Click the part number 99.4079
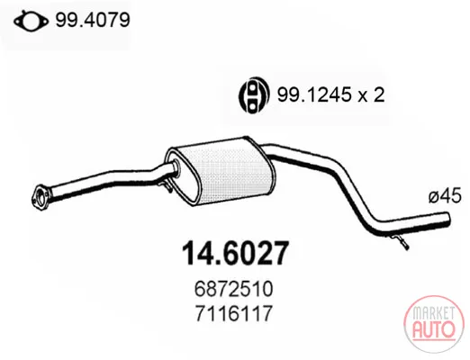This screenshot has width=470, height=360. (93, 20)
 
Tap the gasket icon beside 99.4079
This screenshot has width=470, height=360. (31, 21)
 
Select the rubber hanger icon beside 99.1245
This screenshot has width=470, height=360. (252, 94)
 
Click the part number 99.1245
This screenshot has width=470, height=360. (313, 95)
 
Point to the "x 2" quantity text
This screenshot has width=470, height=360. (371, 95)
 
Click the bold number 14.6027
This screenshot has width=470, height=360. (235, 254)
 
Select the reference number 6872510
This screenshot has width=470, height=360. (234, 289)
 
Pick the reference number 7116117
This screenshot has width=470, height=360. (234, 313)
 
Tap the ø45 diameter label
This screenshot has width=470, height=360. (445, 197)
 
